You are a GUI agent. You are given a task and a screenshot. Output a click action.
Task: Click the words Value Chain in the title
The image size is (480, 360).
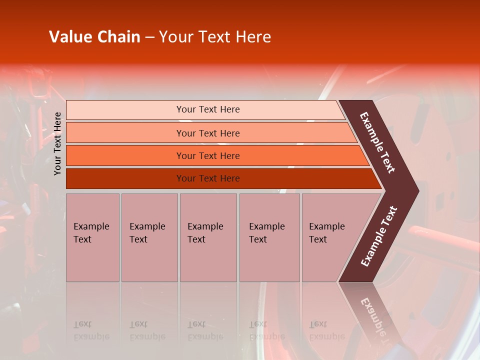pyautogui.click(x=94, y=37)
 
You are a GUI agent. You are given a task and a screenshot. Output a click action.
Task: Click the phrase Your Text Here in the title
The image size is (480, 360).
pyautogui.click(x=215, y=37)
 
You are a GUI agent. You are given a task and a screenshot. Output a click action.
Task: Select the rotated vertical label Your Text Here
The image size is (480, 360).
pyautogui.click(x=57, y=143)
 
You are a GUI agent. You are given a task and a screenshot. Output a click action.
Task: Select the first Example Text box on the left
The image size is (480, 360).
pyautogui.click(x=92, y=237)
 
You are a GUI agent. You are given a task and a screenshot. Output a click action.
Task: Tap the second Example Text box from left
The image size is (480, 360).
pyautogui.click(x=149, y=237)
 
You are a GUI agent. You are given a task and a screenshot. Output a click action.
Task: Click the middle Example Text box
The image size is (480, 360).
pyautogui.click(x=208, y=237)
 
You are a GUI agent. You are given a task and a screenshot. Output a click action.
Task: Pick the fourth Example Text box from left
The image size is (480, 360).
pyautogui.click(x=269, y=237)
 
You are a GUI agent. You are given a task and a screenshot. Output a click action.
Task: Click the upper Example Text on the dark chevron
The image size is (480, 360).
pyautogui.click(x=377, y=142)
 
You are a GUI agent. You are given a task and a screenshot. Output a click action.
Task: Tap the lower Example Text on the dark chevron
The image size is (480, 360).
pyautogui.click(x=378, y=236)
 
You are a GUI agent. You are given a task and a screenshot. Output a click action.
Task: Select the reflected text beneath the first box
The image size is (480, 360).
pyautogui.click(x=91, y=330)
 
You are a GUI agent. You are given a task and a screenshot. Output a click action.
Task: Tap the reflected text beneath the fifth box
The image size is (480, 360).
pyautogui.click(x=326, y=330)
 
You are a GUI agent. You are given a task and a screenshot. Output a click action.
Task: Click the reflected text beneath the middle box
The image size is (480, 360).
pyautogui.click(x=205, y=330)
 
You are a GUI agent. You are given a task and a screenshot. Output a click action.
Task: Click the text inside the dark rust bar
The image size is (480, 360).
pyautogui.click(x=208, y=178)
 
